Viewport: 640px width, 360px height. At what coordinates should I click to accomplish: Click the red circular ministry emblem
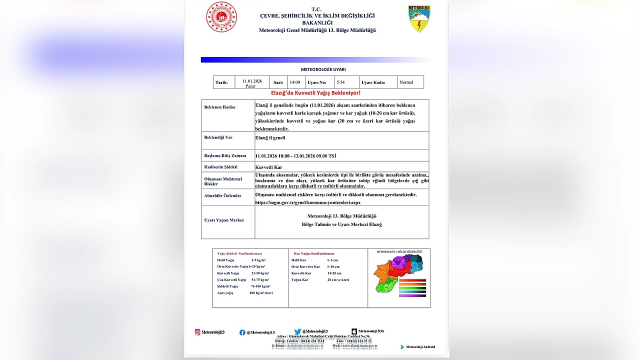[221, 17]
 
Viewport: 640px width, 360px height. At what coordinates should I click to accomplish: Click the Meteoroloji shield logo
[419, 19]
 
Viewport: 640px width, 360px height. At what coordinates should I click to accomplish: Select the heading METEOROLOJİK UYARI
[323, 69]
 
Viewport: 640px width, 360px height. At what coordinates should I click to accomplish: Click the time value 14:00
[294, 82]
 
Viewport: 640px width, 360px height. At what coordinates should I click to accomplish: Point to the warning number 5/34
[340, 82]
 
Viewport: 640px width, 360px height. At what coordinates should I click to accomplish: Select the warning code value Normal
[406, 82]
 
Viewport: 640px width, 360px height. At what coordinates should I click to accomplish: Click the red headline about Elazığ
[315, 93]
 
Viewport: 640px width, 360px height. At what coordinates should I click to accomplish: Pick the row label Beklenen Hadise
[219, 107]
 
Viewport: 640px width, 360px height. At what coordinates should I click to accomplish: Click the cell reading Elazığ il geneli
[270, 137]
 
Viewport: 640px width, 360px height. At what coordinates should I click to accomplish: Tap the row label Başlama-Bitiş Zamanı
[225, 155]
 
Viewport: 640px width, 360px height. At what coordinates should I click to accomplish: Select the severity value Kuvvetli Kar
[268, 167]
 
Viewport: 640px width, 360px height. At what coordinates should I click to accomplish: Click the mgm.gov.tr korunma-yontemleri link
[307, 202]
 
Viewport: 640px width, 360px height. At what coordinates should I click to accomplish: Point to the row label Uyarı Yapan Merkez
[224, 220]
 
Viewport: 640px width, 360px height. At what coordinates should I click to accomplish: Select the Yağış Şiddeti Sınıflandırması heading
[239, 253]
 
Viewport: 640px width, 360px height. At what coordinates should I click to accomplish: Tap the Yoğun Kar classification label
[299, 280]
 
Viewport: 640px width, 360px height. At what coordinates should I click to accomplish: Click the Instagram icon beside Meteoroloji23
[197, 332]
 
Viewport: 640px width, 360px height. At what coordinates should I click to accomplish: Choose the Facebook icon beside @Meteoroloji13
[242, 332]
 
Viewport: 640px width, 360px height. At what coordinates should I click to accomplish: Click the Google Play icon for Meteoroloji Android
[402, 347]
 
